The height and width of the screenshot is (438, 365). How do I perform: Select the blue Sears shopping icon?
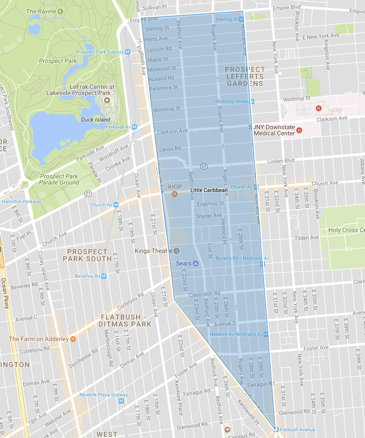click(x=196, y=263)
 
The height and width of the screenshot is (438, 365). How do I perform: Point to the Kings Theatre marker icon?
click(x=177, y=251)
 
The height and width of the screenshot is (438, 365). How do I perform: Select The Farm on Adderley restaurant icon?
click(x=72, y=339)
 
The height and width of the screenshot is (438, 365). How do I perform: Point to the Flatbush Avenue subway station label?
click(x=301, y=429)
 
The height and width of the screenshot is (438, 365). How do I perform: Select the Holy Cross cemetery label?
click(x=342, y=230)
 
